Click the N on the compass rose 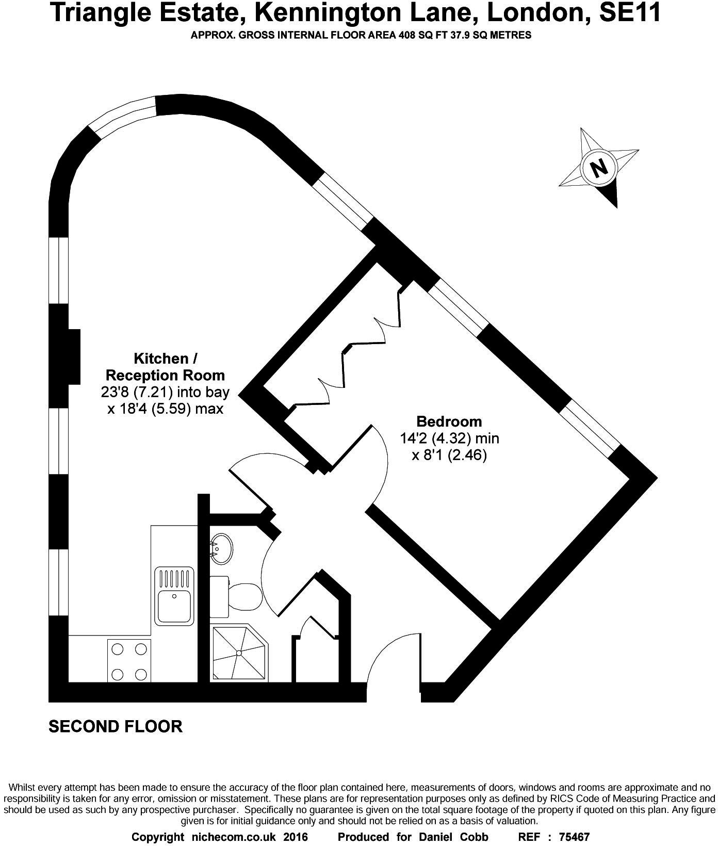pyautogui.click(x=598, y=168)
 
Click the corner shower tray pyautogui.click(x=239, y=653)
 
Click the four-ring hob pyautogui.click(x=129, y=661)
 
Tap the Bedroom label pyautogui.click(x=449, y=421)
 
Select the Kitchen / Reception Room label pyautogui.click(x=165, y=367)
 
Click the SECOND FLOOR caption pyautogui.click(x=116, y=726)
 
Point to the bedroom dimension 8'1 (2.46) pyautogui.click(x=449, y=455)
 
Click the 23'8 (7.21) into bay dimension pyautogui.click(x=165, y=392)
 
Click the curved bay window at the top pyautogui.click(x=123, y=117)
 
